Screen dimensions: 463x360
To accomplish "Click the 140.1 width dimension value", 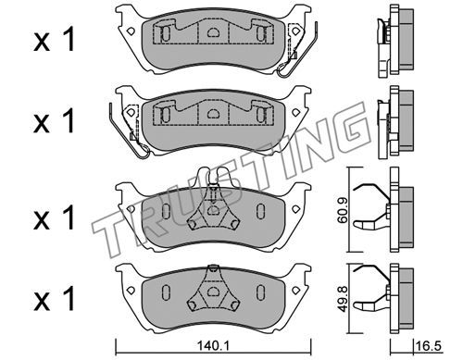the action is point(213,346).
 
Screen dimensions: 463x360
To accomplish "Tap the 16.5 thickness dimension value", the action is point(429,346).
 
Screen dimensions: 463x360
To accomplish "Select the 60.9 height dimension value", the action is point(342,210).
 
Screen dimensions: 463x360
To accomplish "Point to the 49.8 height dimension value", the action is point(342,299).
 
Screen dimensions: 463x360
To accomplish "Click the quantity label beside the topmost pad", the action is point(54,39).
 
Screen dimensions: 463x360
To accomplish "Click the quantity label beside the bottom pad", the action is point(54,299).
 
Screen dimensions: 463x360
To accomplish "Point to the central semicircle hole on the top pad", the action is point(212,31).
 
